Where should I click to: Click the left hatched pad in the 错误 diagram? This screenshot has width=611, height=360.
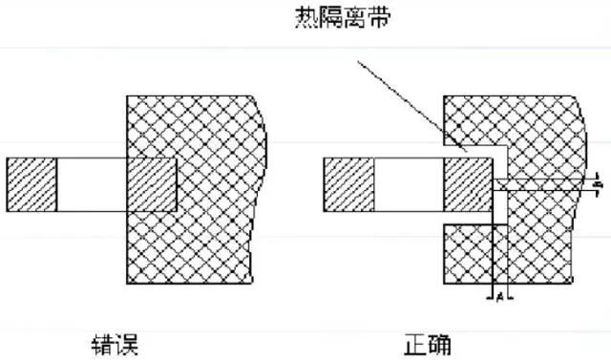click(x=32, y=185)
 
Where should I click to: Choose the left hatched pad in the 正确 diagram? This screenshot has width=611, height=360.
click(x=348, y=185)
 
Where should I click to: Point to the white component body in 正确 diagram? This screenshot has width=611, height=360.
click(x=408, y=185)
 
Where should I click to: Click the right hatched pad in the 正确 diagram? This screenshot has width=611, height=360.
click(x=467, y=185)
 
